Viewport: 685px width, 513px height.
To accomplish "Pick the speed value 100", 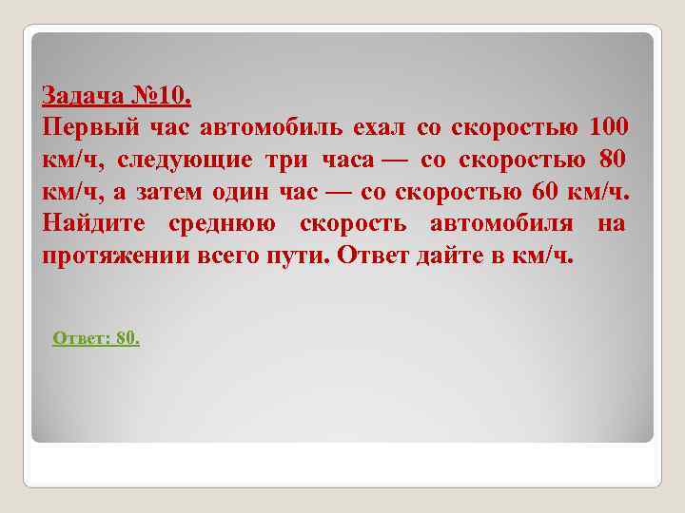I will [609, 127].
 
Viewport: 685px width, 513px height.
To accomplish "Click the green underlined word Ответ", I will [79, 338].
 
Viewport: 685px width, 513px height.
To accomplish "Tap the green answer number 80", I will [127, 338].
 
